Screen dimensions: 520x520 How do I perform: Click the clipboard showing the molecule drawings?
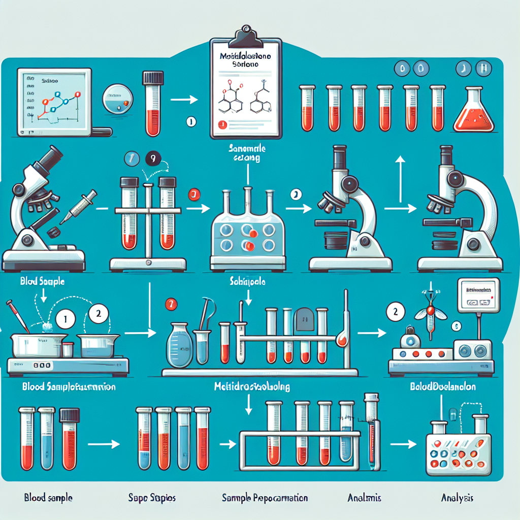[x=247, y=91]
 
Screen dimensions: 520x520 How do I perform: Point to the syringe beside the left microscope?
[x=79, y=206]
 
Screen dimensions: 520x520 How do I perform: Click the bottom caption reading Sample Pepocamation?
[x=265, y=498]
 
